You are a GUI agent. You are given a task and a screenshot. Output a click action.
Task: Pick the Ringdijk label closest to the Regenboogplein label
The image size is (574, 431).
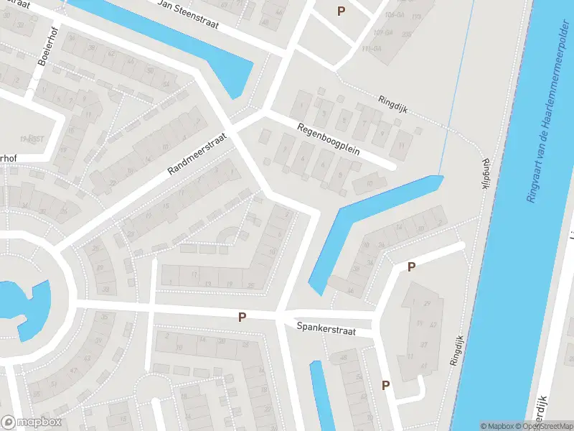click(x=393, y=101)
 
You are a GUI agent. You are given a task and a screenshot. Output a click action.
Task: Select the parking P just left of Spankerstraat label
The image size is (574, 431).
click(x=243, y=317)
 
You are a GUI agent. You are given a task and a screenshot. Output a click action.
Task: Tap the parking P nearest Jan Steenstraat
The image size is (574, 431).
click(x=341, y=11)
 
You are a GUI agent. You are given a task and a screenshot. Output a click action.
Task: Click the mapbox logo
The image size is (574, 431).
click(x=32, y=422)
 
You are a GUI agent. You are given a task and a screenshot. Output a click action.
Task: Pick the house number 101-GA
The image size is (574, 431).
click(x=393, y=14)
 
